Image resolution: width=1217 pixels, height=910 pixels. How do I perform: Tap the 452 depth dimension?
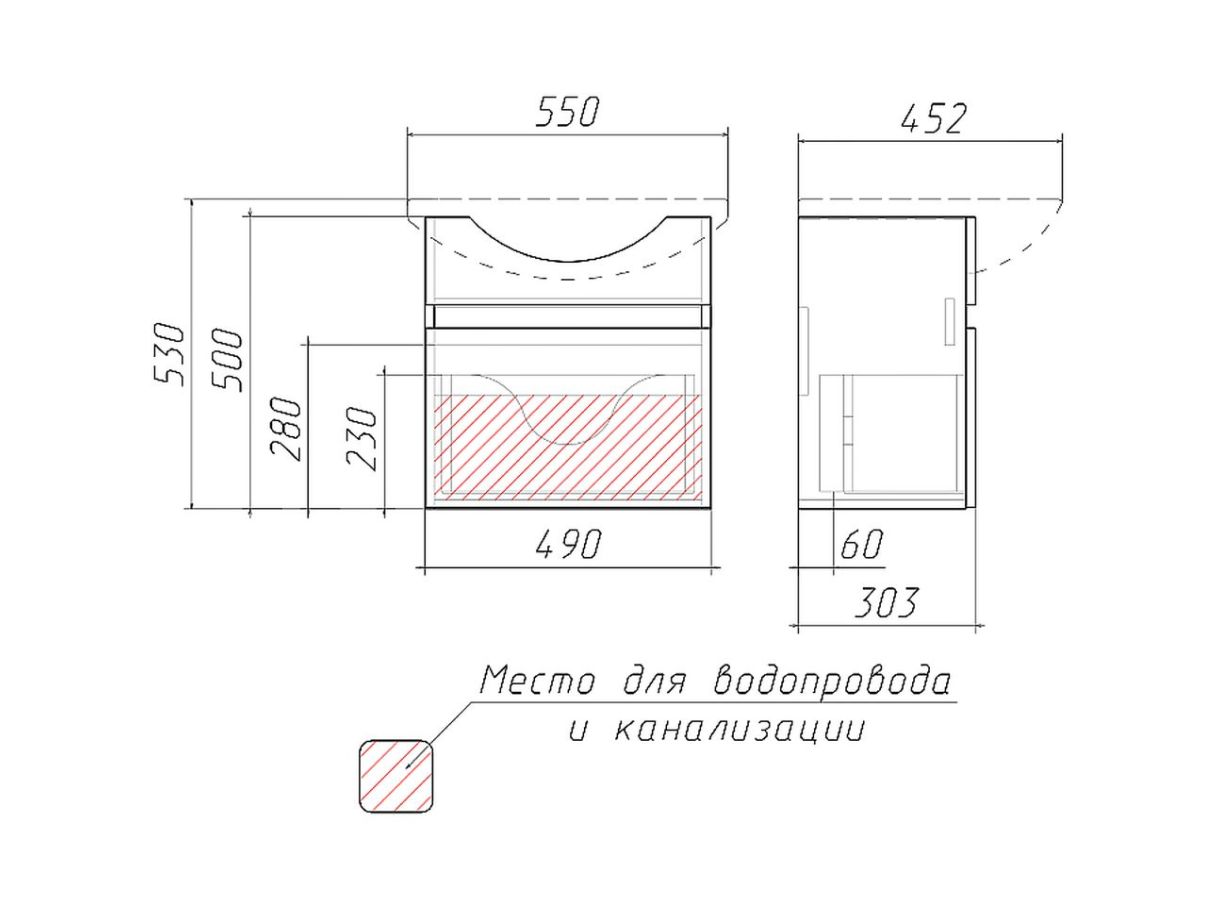pos(933,119)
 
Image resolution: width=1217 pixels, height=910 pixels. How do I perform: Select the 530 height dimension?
pos(167,354)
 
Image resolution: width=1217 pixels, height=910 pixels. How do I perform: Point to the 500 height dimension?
pos(228,360)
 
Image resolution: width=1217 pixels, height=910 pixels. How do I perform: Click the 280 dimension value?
pos(287,428)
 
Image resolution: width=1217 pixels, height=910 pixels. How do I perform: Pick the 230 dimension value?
pos(362,438)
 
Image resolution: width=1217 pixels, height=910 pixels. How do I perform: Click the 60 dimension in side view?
pos(861,544)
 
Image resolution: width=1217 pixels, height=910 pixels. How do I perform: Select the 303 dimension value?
pos(885,602)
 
